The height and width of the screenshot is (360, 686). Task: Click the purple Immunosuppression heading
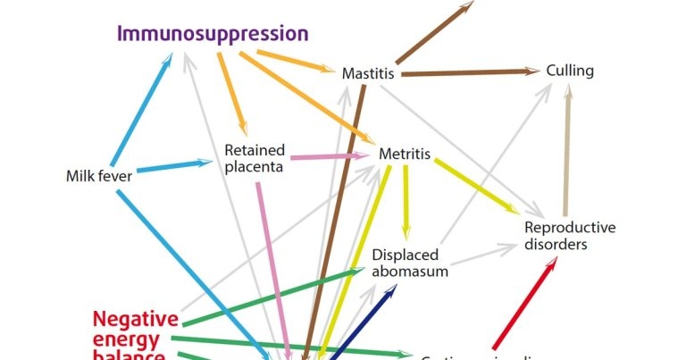point(213,35)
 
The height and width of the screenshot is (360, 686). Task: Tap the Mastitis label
point(368,73)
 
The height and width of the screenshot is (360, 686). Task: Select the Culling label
point(570,71)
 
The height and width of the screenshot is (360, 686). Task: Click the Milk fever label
point(99,176)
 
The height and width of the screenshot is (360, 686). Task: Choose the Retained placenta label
point(255,158)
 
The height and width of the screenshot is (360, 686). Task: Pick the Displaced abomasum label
point(410,263)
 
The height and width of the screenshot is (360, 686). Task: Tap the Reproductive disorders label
point(569,235)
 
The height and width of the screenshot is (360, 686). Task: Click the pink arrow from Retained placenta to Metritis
point(327,157)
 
